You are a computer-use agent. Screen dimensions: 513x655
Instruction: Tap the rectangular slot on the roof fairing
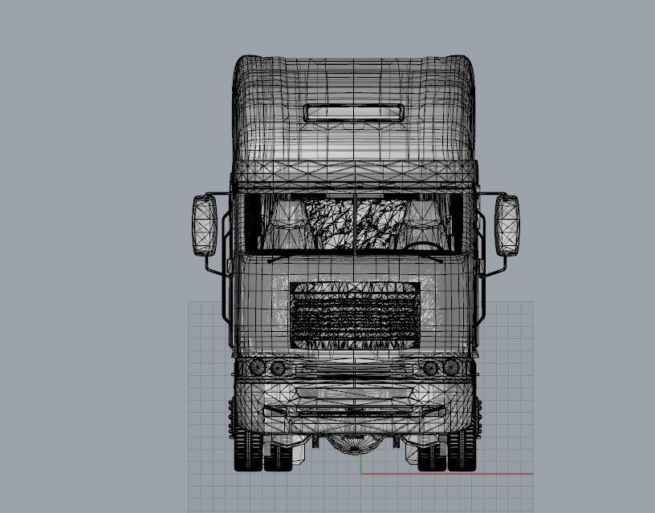tap(353, 113)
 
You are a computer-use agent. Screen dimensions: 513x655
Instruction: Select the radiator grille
tap(354, 316)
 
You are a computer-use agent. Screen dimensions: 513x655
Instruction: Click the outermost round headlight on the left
tap(258, 367)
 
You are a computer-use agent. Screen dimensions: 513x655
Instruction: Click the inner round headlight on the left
tap(278, 368)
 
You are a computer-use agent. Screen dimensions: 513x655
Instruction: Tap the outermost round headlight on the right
tap(452, 367)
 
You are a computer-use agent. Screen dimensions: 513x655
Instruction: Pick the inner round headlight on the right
tap(431, 368)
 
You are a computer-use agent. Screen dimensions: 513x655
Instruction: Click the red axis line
tap(450, 473)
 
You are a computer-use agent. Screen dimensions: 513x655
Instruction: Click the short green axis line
tap(360, 464)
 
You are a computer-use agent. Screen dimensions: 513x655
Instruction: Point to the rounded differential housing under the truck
tap(354, 443)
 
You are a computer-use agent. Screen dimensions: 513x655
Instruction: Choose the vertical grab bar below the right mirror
tap(484, 297)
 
